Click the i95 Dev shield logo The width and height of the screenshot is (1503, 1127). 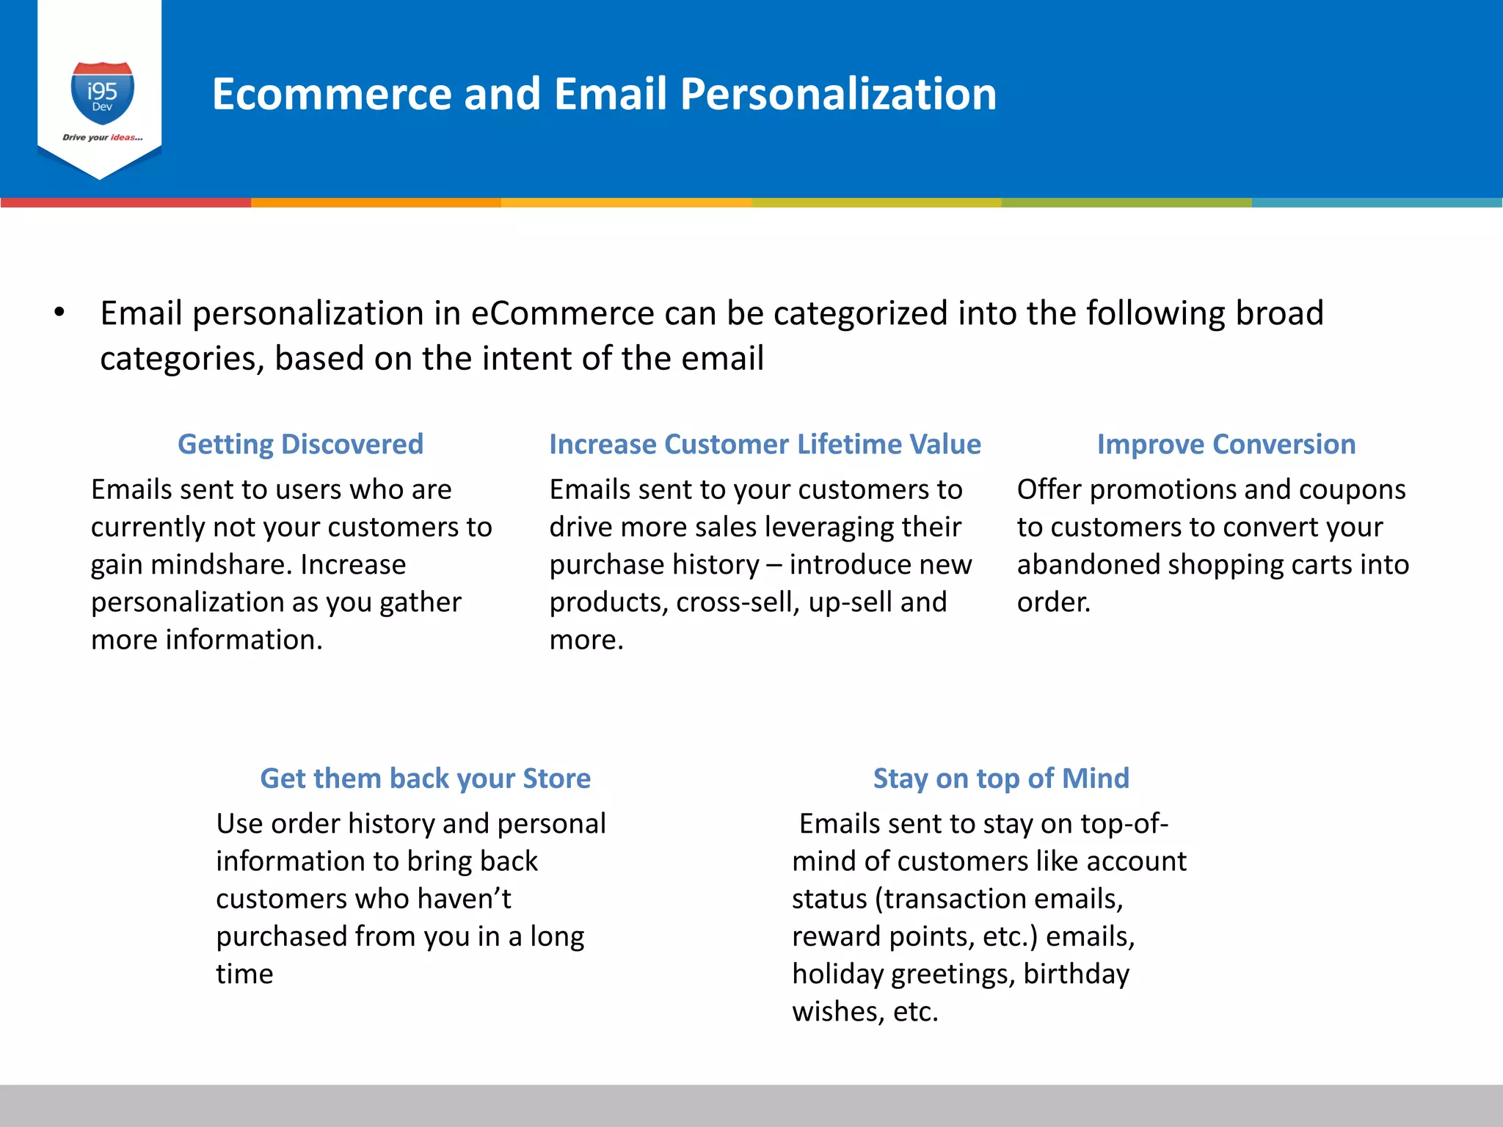click(102, 93)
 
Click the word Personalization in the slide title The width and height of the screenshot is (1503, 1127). click(838, 94)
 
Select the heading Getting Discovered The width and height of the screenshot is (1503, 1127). click(300, 444)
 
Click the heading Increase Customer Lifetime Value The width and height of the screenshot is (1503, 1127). click(765, 444)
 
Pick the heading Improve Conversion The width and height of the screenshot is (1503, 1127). click(1226, 444)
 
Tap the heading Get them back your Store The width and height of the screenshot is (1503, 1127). click(425, 778)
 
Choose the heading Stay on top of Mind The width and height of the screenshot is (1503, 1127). click(1001, 778)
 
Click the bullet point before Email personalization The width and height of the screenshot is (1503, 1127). click(59, 313)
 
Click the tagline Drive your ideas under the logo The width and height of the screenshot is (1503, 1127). click(102, 137)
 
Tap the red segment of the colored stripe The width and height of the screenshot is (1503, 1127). click(125, 203)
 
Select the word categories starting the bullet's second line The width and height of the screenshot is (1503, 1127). click(181, 359)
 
